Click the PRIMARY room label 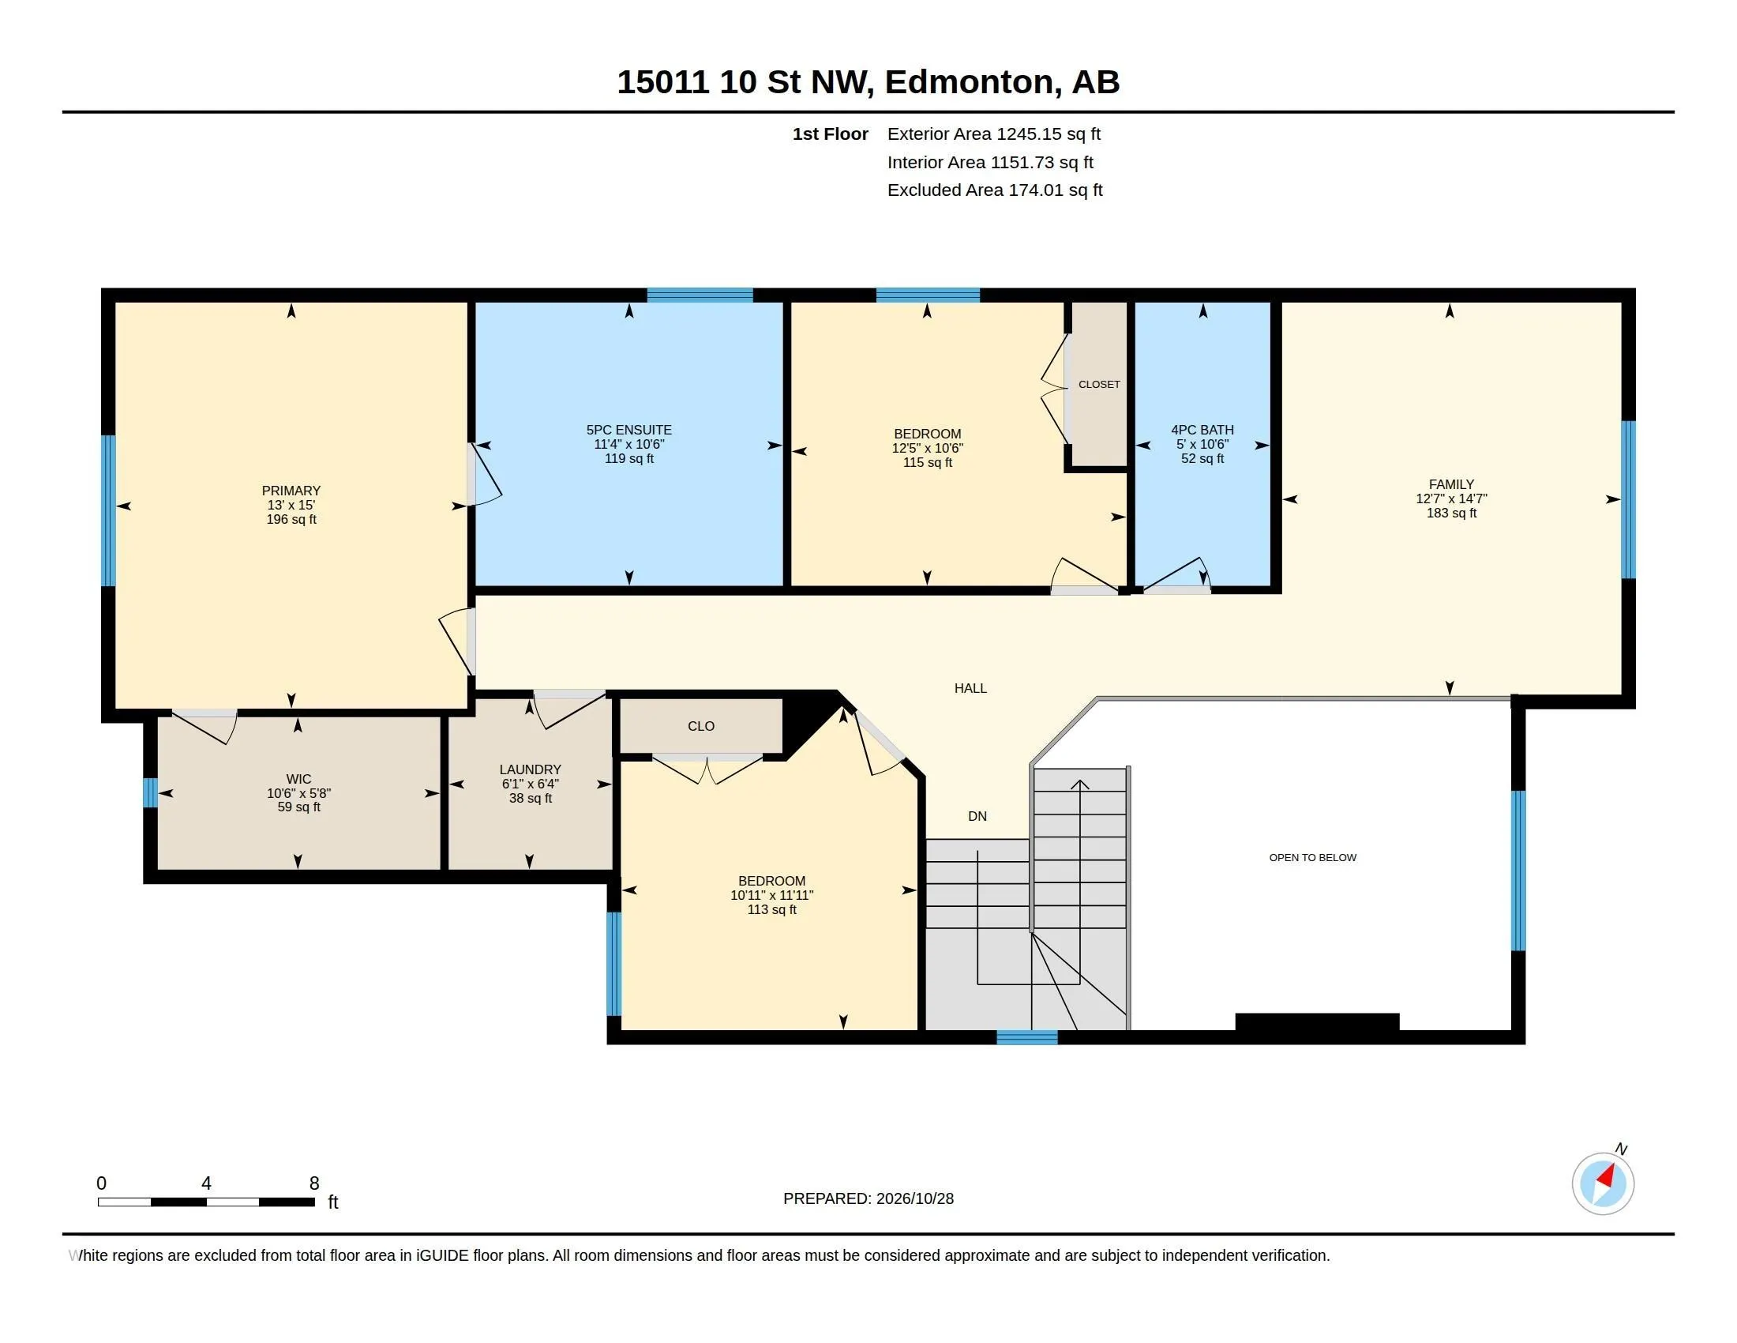pyautogui.click(x=291, y=491)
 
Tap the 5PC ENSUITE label pyautogui.click(x=629, y=430)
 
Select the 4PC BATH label pyautogui.click(x=1202, y=430)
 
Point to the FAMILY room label pyautogui.click(x=1451, y=484)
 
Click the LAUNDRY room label pyautogui.click(x=531, y=769)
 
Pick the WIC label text pyautogui.click(x=299, y=779)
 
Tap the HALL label pyautogui.click(x=970, y=688)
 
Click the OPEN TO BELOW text pyautogui.click(x=1313, y=858)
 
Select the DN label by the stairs pyautogui.click(x=977, y=816)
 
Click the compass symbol pyautogui.click(x=1604, y=1183)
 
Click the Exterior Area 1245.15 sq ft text pyautogui.click(x=994, y=134)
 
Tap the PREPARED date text pyautogui.click(x=868, y=1198)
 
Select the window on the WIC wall pyautogui.click(x=150, y=792)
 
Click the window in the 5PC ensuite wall pyautogui.click(x=700, y=295)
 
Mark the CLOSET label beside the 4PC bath pyautogui.click(x=1099, y=384)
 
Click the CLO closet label pyautogui.click(x=700, y=726)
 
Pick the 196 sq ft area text pyautogui.click(x=291, y=520)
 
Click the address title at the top pyautogui.click(x=868, y=82)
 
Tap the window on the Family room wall pyautogui.click(x=1628, y=499)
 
